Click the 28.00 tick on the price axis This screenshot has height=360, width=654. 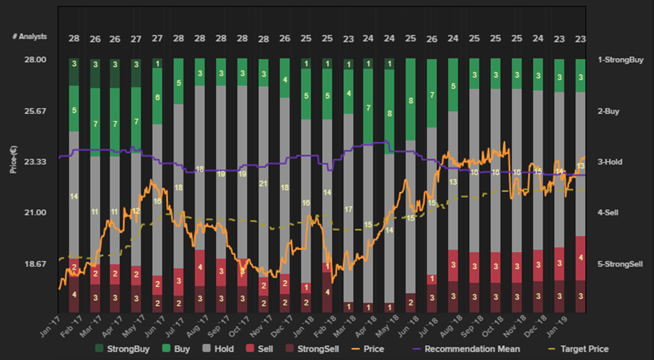[x=34, y=60]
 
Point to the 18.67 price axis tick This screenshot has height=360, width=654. [x=34, y=264]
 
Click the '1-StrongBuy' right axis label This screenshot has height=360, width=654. [x=620, y=60]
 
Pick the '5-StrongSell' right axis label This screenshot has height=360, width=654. [x=620, y=264]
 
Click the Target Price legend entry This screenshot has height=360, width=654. [x=578, y=349]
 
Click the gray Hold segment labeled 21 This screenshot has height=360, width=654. [x=264, y=184]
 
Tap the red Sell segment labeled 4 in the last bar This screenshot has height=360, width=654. [x=580, y=258]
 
